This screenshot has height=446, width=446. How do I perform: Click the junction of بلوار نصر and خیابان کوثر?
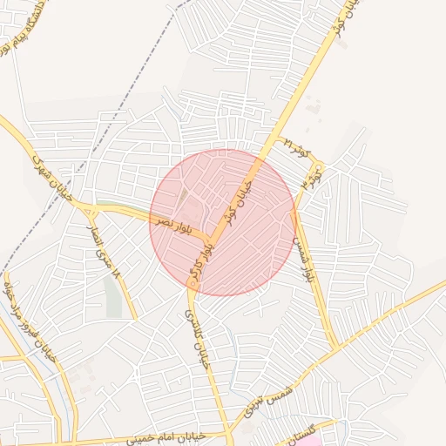point(209,237)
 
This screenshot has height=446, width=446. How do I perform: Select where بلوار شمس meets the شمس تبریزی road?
point(336,347)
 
